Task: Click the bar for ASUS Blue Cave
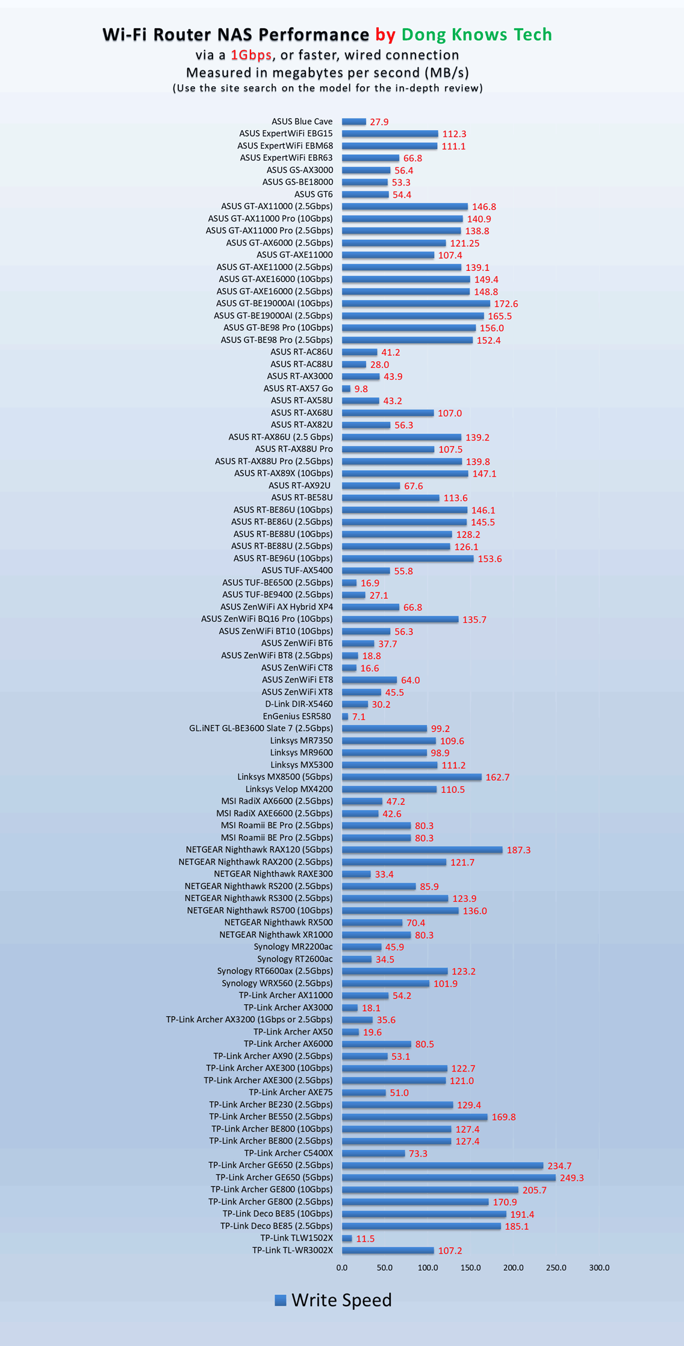point(354,122)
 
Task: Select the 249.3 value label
point(571,1177)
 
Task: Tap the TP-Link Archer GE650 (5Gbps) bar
point(449,1177)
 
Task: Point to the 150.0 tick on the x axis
point(470,1267)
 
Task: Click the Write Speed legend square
point(280,1300)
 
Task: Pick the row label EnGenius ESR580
point(297,716)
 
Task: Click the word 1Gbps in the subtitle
point(251,55)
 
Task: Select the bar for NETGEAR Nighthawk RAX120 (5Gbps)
point(422,849)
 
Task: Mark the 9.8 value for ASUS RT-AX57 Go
point(361,389)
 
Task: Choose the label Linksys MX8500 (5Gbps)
point(285,777)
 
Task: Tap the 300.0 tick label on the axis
point(599,1267)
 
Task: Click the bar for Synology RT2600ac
point(356,959)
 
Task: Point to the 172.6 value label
point(506,304)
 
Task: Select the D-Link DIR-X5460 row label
point(299,704)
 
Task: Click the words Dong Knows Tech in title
point(476,34)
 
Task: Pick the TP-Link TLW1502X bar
point(347,1238)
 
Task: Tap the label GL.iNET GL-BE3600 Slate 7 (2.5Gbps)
point(261,728)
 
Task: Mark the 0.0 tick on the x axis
point(342,1267)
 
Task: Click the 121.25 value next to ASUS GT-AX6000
point(465,243)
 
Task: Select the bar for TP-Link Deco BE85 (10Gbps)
point(424,1214)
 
